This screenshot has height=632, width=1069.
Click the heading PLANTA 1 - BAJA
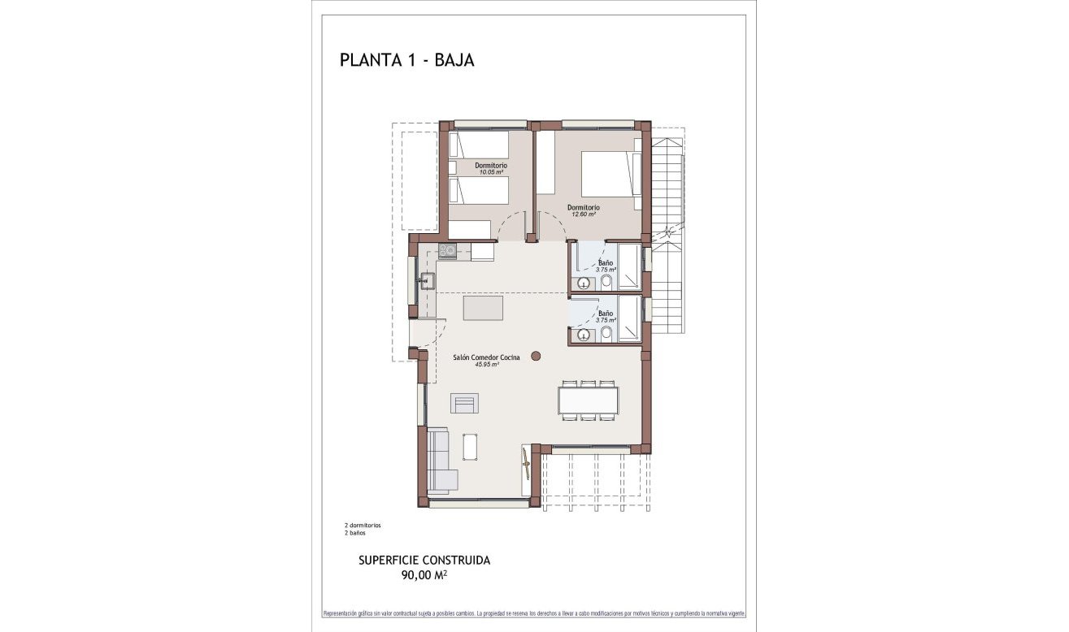coord(406,60)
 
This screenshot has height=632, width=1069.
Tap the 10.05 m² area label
coord(490,172)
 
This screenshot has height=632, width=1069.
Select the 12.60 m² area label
coord(583,214)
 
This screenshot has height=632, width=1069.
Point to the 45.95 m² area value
coord(486,365)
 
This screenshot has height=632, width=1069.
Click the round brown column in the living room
coord(536,355)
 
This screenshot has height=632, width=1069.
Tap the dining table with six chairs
coord(588,400)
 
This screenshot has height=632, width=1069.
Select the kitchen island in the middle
coord(483,309)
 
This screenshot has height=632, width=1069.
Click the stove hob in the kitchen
coord(447,251)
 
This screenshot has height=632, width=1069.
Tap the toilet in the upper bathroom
coord(606,281)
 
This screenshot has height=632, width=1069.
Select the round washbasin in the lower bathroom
coord(583,334)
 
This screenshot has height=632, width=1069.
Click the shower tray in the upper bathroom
coord(628,266)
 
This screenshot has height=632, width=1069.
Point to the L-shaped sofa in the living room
coord(439,461)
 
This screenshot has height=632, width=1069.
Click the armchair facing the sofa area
coord(464,403)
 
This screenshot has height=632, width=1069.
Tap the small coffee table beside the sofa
coord(471,446)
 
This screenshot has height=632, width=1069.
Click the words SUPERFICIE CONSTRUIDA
coord(424,560)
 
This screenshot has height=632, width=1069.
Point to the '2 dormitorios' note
coord(363,526)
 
